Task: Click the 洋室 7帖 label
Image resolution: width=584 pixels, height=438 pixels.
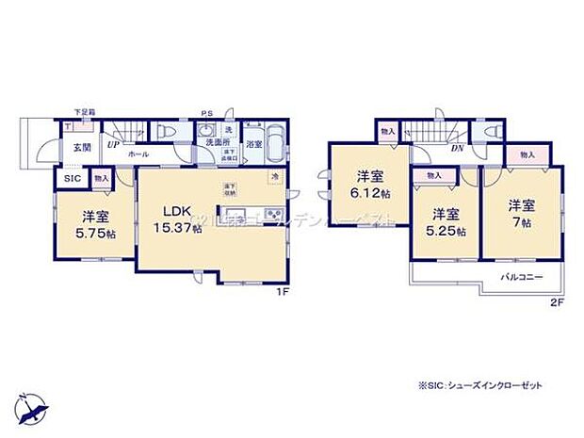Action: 521,211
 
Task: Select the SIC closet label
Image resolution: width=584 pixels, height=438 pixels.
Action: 72,177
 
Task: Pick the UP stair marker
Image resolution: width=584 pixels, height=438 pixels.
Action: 112,145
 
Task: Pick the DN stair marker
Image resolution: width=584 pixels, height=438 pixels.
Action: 457,148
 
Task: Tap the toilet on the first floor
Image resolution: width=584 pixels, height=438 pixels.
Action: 165,133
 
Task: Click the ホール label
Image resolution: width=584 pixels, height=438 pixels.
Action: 137,152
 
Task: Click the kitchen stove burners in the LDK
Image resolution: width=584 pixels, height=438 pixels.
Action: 273,215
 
